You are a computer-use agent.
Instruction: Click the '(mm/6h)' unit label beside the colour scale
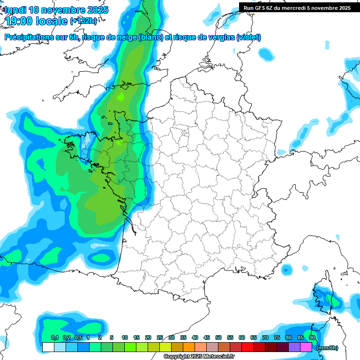click(327, 348)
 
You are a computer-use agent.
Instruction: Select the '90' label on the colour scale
click(312, 337)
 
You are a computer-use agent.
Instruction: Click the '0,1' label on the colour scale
click(54, 337)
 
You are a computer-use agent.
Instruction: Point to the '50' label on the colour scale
click(218, 337)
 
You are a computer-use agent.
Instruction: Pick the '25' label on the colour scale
click(160, 337)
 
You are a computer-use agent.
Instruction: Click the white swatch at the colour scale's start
click(48, 347)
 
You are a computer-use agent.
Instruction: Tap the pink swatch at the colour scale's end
click(306, 347)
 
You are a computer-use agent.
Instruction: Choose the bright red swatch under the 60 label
click(247, 347)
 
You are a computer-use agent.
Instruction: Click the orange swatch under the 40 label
click(188, 347)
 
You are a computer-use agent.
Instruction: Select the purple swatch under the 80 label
click(294, 347)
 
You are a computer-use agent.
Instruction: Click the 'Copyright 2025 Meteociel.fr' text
click(199, 357)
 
